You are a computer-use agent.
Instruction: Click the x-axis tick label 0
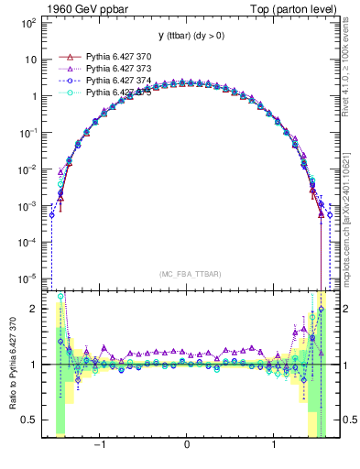tap(187, 444)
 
